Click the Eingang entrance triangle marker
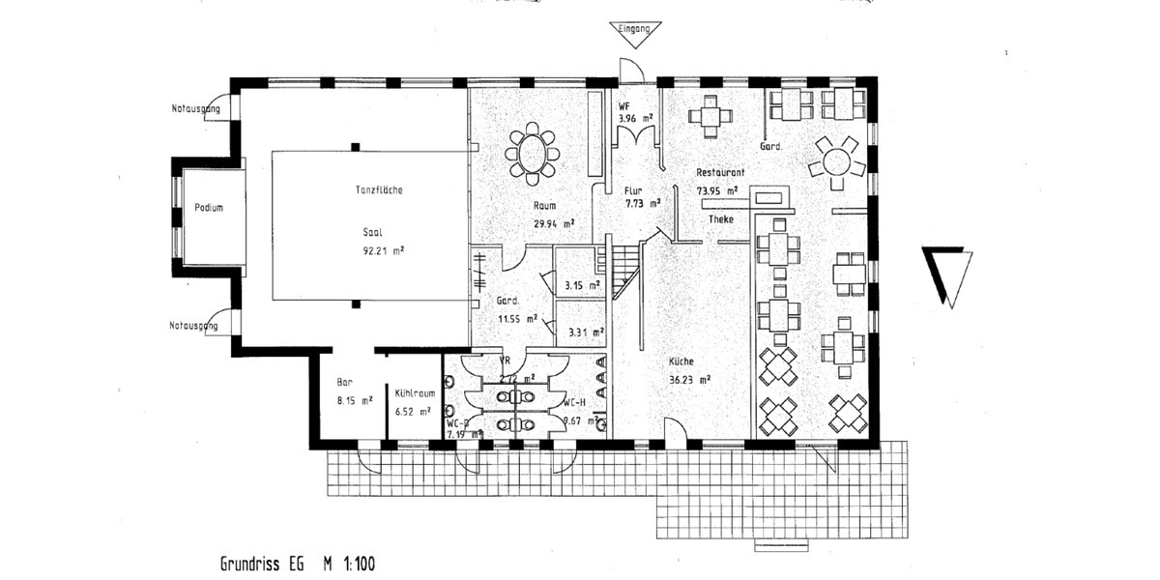(635, 34)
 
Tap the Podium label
(209, 208)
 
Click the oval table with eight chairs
(532, 153)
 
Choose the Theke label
(721, 219)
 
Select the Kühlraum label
(412, 393)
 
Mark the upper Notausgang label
(188, 109)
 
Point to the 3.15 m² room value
(583, 285)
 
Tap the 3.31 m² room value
(586, 333)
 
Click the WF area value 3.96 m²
(635, 119)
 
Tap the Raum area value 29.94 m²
(554, 223)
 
